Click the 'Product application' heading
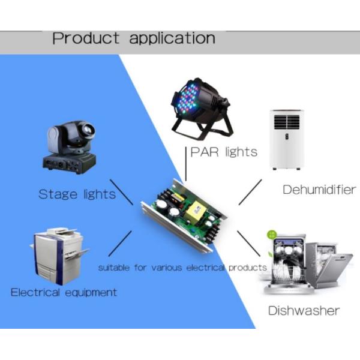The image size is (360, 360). [x=133, y=38]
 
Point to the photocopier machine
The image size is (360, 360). [x=57, y=256]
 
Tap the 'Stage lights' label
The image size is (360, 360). [x=77, y=194]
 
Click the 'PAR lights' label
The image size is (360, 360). [x=223, y=152]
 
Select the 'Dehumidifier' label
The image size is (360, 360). [x=319, y=190]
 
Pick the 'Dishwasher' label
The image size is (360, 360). [x=303, y=310]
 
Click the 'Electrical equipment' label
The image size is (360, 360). [x=64, y=292]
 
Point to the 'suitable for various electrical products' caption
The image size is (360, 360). [x=182, y=267]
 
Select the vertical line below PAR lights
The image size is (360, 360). [x=186, y=171]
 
